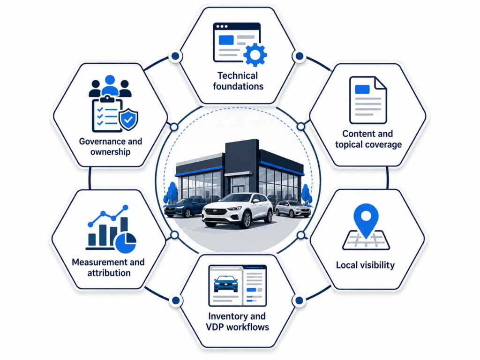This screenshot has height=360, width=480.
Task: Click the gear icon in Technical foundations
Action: click(x=255, y=55)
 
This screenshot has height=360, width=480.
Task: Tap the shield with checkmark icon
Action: click(x=128, y=120)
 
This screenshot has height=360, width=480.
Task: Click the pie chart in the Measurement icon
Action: click(x=126, y=243)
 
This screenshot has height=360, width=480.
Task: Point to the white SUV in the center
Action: click(x=237, y=210)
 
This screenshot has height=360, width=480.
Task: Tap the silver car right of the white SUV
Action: click(x=293, y=209)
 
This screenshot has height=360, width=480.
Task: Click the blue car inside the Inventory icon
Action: click(x=226, y=284)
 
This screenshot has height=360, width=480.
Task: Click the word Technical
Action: click(x=238, y=75)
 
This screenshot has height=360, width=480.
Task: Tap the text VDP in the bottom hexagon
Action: click(x=215, y=327)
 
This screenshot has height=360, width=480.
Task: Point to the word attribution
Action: click(x=109, y=273)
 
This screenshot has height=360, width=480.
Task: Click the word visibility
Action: click(x=376, y=265)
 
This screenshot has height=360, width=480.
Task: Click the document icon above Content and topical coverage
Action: click(x=368, y=100)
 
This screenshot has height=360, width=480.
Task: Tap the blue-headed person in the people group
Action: click(x=110, y=85)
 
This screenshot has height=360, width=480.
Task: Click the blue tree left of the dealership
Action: click(x=172, y=193)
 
